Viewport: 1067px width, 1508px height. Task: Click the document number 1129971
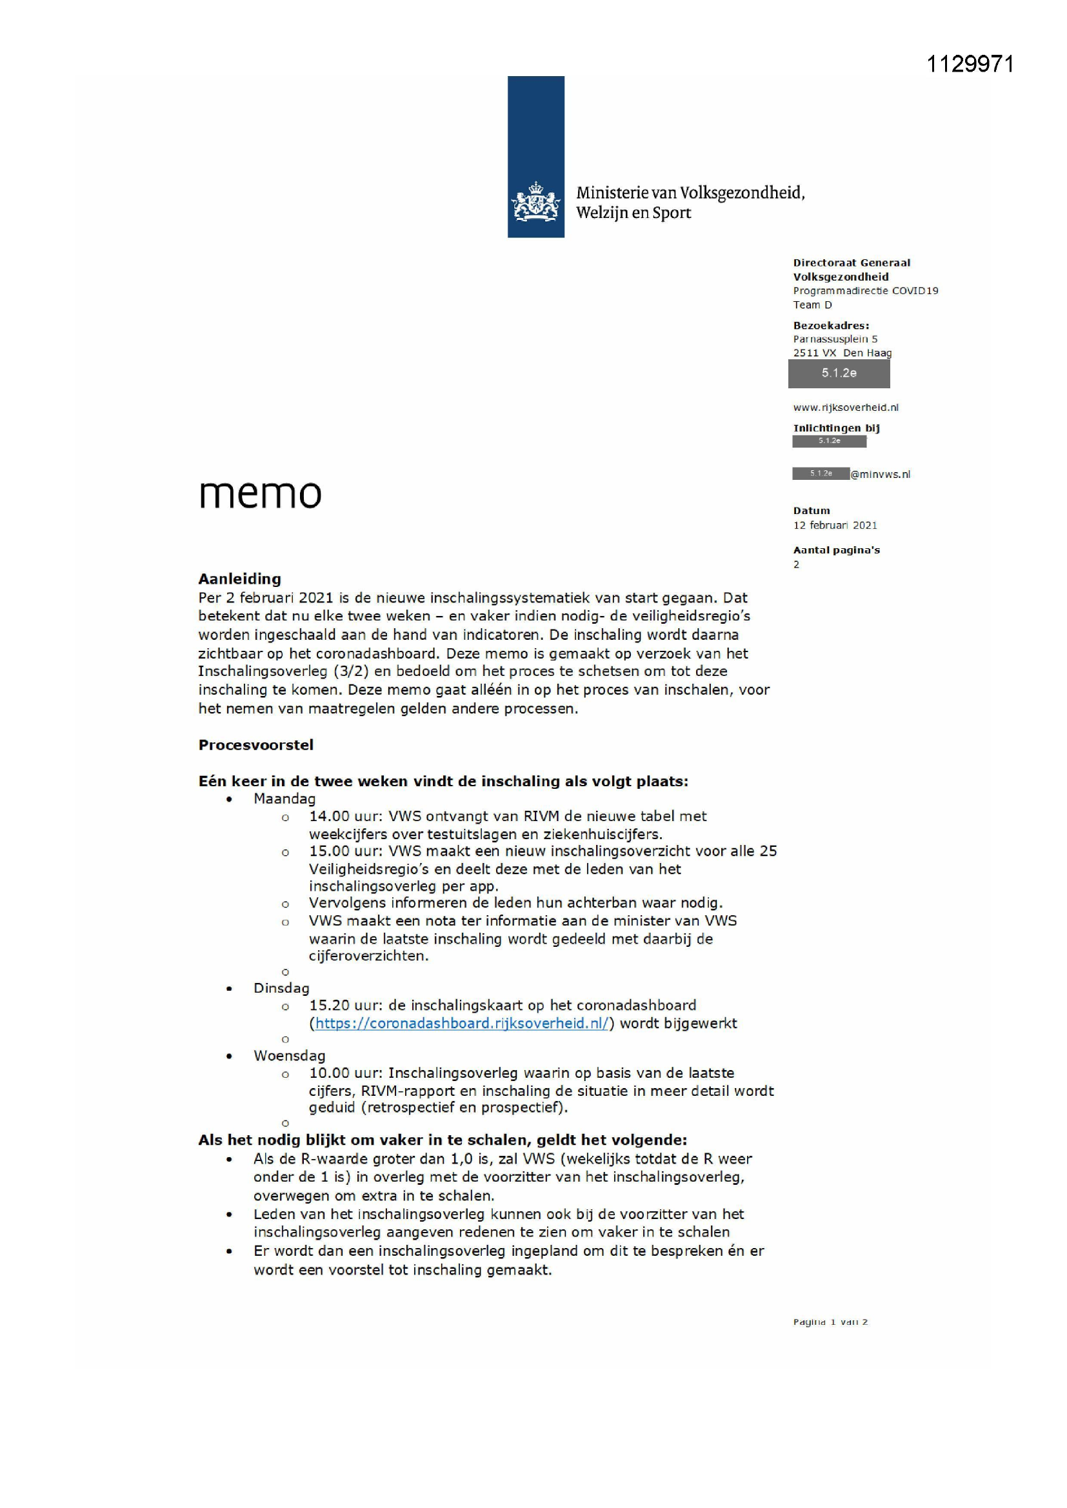coord(970,64)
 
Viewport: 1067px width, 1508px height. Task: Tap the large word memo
coord(260,493)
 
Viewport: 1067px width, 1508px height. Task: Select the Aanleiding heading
coord(240,579)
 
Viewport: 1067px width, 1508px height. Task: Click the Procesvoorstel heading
coord(255,745)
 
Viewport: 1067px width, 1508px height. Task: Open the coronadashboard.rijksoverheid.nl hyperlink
coord(462,1023)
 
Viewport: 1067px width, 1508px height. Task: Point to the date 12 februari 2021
coord(834,525)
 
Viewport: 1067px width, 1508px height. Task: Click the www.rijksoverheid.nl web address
coord(846,407)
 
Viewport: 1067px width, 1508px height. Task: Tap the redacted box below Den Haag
coord(839,373)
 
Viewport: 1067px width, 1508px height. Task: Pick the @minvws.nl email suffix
coord(881,474)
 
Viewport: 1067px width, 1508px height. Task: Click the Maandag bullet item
coord(284,799)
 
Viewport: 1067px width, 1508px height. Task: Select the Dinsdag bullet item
coord(281,988)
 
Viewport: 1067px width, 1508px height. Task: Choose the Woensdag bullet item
coord(289,1055)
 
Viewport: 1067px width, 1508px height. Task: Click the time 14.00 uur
coord(345,817)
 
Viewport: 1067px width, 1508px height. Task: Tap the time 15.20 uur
coord(345,1005)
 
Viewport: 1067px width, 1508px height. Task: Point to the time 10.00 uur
coord(345,1073)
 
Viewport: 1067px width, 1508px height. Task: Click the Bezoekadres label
coord(830,325)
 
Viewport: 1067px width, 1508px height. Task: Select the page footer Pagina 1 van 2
coord(830,1322)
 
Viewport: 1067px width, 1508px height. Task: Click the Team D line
coord(812,304)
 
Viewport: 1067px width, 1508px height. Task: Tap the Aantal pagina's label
coord(835,550)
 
